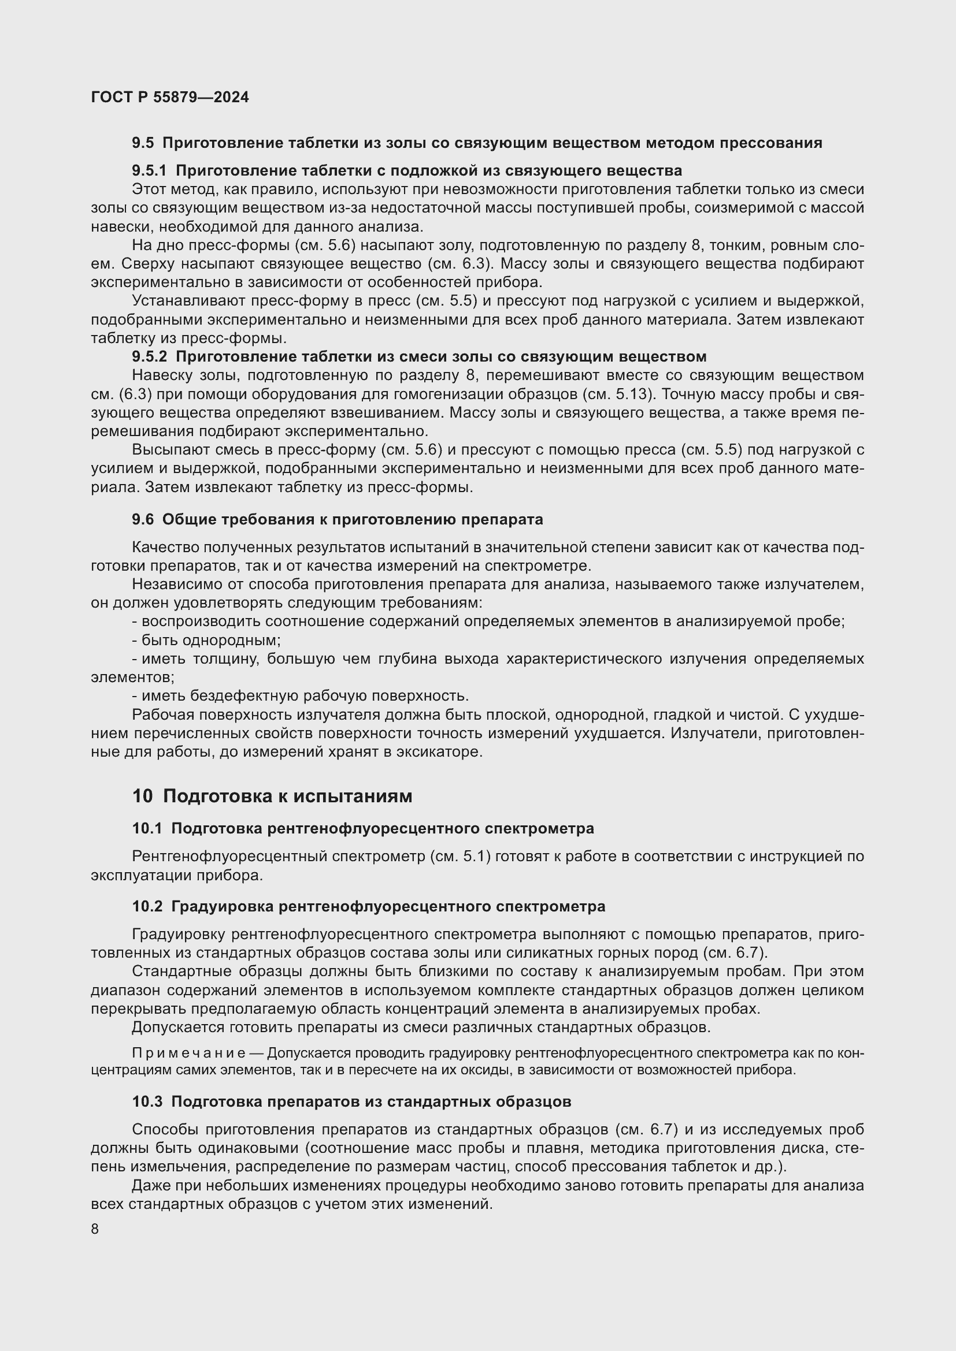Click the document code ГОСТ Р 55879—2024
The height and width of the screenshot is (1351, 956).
(x=170, y=97)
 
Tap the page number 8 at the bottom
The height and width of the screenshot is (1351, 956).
(x=95, y=1229)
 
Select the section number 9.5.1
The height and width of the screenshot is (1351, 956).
(x=149, y=170)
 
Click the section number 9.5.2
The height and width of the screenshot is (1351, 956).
(x=149, y=356)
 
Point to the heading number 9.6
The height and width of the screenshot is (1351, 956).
(x=142, y=520)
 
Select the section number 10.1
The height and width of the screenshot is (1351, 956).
(x=147, y=828)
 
